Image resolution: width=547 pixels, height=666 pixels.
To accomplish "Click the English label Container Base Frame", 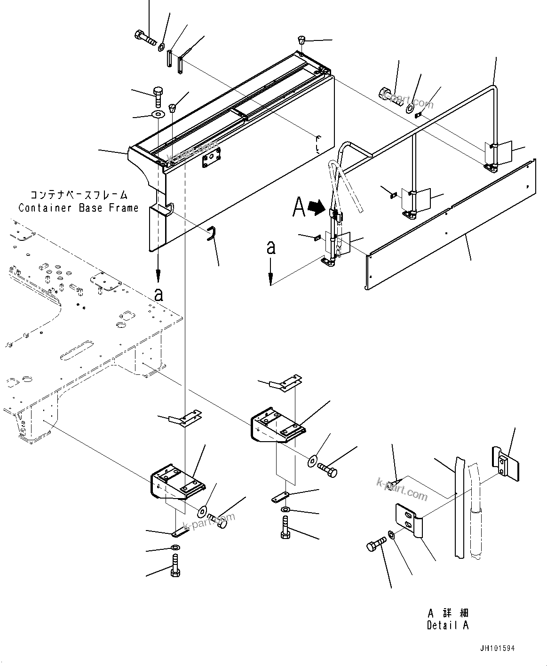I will click(79, 207).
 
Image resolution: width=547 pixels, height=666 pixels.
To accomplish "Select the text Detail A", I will click(447, 625).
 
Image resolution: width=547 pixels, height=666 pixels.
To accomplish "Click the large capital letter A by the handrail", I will click(299, 207).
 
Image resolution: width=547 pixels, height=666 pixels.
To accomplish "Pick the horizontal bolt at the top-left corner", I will click(145, 37).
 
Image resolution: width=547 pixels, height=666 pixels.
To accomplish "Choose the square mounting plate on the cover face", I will click(212, 159).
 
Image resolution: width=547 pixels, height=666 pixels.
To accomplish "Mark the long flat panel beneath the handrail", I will click(452, 226).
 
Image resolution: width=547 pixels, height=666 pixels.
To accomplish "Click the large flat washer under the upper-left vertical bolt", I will click(158, 115).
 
